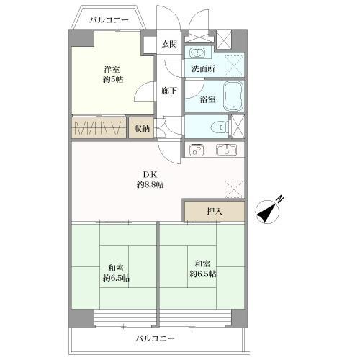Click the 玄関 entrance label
169,44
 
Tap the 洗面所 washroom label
203,69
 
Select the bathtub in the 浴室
233,96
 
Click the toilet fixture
219,127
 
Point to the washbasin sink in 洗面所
197,52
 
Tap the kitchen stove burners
197,150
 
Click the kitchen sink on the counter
226,150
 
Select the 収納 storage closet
141,128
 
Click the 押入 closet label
215,212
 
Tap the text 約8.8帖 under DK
150,184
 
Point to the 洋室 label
112,69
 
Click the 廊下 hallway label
169,91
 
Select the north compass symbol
267,212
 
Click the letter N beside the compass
280,199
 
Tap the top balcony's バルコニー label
109,20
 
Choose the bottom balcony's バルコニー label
156,339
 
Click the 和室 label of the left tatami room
116,268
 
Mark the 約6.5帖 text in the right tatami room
203,274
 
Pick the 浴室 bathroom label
208,99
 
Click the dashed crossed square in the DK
234,189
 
